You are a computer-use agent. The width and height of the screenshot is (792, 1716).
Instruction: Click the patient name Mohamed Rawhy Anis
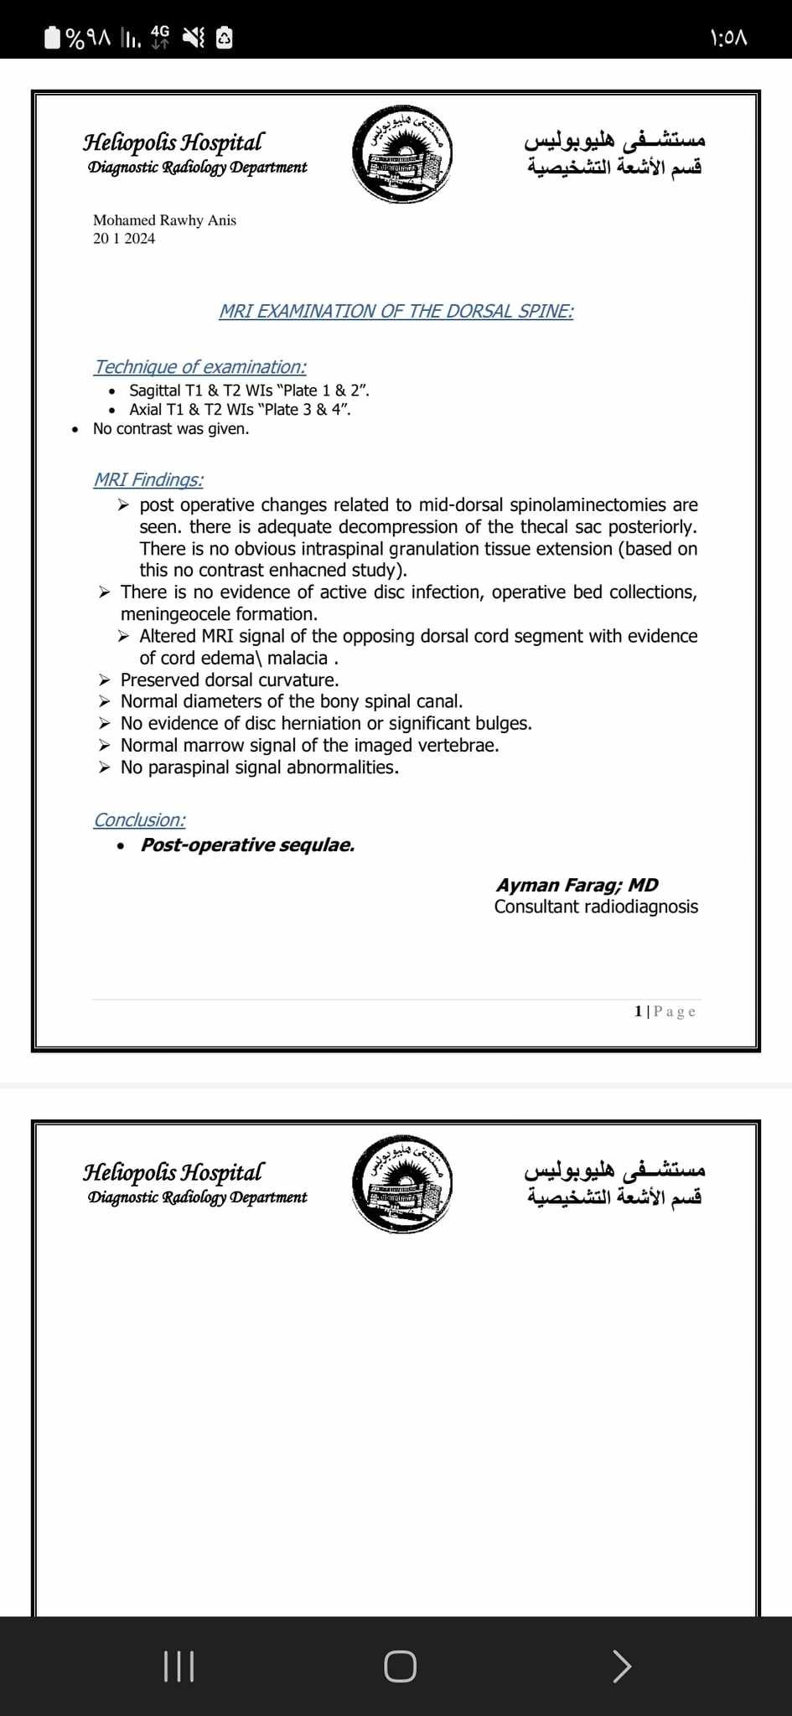pos(164,220)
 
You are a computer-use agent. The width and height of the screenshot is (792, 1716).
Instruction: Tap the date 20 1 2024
pos(124,239)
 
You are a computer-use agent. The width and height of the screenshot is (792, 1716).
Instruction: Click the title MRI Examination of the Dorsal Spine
pos(396,312)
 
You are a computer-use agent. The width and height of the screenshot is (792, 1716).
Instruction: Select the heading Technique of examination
pos(200,367)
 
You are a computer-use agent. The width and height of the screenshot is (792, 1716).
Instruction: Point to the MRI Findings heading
pos(148,480)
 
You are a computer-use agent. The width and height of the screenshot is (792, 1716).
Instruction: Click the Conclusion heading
pos(140,820)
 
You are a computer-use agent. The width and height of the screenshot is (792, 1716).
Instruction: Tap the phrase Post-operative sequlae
pos(247,845)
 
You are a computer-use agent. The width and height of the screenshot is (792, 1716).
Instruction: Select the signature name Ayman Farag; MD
pos(577,885)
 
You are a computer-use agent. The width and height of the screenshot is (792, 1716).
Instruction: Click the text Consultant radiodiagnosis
pos(596,907)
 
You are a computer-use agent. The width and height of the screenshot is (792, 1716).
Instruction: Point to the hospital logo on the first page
pos(402,155)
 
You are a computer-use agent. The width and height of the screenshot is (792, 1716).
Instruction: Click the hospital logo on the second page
pos(402,1185)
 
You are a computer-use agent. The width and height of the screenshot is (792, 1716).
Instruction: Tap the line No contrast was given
pos(171,429)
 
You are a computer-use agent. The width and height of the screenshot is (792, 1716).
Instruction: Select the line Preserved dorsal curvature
pos(230,680)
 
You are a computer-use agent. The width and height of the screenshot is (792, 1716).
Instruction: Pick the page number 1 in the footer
pos(639,1011)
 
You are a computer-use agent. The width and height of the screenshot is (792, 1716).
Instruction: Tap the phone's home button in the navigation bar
pos(400,1666)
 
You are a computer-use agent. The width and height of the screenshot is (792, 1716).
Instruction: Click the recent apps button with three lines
pos(179,1666)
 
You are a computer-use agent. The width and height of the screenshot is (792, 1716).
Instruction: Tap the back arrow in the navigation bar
pos(621,1666)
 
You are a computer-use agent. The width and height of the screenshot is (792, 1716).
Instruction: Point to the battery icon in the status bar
pos(52,38)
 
